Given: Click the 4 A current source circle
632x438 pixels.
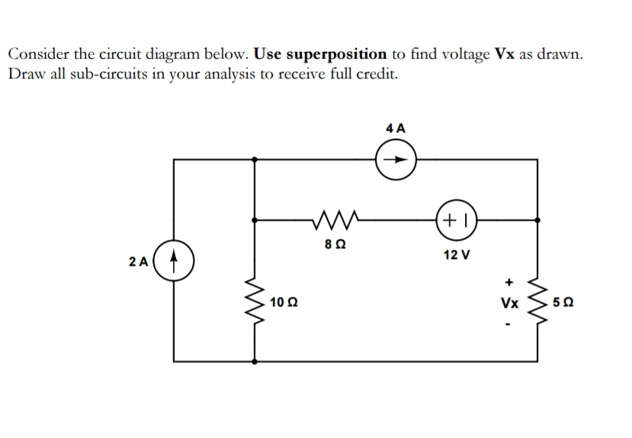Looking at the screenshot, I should coord(396,160).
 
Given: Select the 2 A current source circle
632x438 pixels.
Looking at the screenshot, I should coord(175,261).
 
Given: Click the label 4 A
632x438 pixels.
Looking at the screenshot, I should coord(396,128).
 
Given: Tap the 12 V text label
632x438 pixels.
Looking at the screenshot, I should coord(456,254).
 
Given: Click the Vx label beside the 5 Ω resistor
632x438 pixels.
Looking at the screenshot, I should coord(509,303).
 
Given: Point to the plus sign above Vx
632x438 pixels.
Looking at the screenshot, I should coord(508,280).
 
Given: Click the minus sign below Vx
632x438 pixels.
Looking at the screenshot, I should coord(508,325).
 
